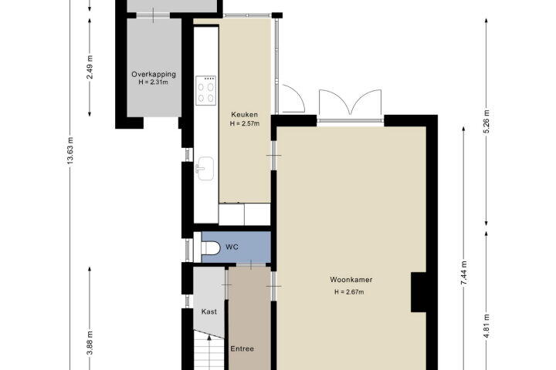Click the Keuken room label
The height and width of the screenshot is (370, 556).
pyautogui.click(x=244, y=115)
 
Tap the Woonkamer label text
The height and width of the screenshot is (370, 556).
pyautogui.click(x=351, y=280)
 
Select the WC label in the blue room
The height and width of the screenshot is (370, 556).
pyautogui.click(x=232, y=247)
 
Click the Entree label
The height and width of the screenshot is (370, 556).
pyautogui.click(x=242, y=348)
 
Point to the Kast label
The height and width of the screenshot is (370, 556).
pyautogui.click(x=208, y=311)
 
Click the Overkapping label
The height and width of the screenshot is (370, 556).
pyautogui.click(x=154, y=74)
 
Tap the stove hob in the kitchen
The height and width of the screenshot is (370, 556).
pyautogui.click(x=206, y=90)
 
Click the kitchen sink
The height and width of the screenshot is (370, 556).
pyautogui.click(x=205, y=169)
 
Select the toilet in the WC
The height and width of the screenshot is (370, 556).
pyautogui.click(x=210, y=247)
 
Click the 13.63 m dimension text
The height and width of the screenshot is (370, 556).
pyautogui.click(x=70, y=150)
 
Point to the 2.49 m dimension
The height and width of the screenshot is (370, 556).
pyautogui.click(x=90, y=67)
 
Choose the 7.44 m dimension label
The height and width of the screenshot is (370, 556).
pyautogui.click(x=463, y=273)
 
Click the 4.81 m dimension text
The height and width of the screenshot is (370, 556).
pyautogui.click(x=486, y=326)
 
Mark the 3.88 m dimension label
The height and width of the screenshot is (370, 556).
pyautogui.click(x=90, y=342)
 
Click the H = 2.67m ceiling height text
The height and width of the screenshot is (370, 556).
pyautogui.click(x=349, y=292)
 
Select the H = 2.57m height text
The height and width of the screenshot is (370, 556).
pyautogui.click(x=245, y=123)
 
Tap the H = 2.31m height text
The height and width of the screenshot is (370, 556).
pyautogui.click(x=154, y=82)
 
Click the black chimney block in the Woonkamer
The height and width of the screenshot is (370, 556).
pyautogui.click(x=419, y=292)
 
